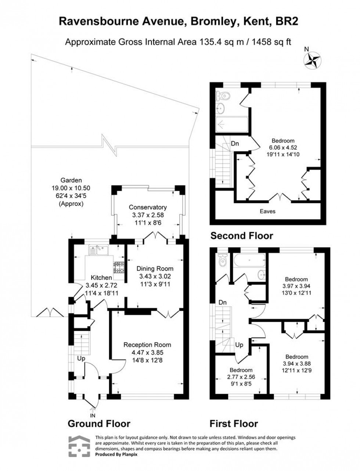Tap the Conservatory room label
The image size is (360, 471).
click(148, 207)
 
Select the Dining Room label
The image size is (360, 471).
click(155, 269)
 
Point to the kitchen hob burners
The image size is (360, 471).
click(119, 267)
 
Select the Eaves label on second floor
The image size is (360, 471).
click(267, 211)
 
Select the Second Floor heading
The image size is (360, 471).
click(241, 235)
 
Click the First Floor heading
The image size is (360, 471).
click(234, 424)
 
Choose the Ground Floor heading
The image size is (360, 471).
click(99, 424)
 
